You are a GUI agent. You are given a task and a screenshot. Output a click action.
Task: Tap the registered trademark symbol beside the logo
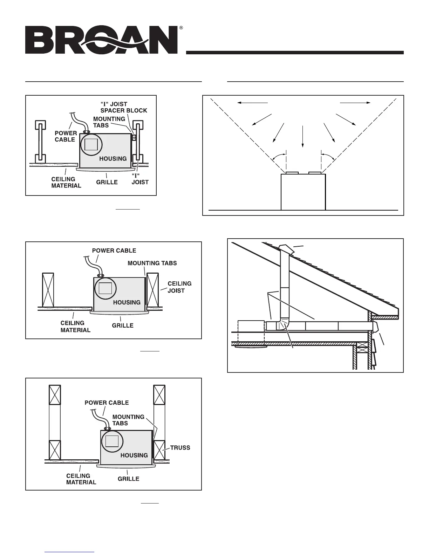181,28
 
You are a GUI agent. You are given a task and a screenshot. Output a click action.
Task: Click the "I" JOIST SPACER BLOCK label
123,107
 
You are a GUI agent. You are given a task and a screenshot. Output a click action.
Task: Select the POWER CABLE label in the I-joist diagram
66,136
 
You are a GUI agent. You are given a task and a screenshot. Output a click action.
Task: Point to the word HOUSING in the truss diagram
134,455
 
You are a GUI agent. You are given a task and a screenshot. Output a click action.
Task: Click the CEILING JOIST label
179,287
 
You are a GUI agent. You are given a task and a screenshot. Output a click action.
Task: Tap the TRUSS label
180,447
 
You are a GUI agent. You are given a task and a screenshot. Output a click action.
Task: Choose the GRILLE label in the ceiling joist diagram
123,326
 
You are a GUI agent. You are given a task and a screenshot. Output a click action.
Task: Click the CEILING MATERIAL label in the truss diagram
81,479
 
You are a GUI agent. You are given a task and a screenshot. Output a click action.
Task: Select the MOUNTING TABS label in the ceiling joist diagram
152,263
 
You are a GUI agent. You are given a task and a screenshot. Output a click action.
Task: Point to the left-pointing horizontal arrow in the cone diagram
252,103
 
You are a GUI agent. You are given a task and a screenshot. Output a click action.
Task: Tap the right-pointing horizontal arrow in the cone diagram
355,103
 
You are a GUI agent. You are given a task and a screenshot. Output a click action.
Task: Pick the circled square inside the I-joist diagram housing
91,144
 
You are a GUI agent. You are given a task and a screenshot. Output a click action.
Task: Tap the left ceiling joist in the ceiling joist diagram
48,290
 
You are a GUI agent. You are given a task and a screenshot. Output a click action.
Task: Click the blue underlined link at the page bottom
69,552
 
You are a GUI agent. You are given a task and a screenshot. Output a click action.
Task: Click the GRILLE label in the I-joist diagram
107,182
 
